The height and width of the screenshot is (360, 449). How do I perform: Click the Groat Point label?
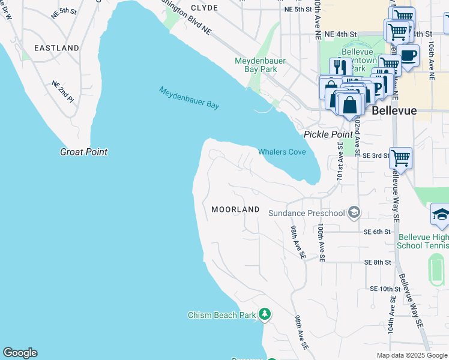tap(83, 152)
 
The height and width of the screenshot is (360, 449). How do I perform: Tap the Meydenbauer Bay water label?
tap(189, 98)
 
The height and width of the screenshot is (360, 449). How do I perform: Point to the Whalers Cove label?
tap(282, 152)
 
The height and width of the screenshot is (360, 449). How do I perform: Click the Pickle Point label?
tap(328, 134)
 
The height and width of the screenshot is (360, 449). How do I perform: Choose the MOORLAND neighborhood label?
tap(235, 209)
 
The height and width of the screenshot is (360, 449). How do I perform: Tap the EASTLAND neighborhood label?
tap(56, 47)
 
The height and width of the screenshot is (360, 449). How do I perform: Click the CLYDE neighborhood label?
tap(204, 8)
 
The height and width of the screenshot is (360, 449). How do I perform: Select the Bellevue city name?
tap(394, 111)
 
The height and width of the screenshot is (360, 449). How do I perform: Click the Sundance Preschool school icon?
tap(354, 212)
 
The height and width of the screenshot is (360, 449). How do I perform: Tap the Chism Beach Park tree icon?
tap(265, 314)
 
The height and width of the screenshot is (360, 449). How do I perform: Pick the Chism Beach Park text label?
tap(221, 315)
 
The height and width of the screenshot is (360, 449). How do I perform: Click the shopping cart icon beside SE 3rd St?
tap(400, 158)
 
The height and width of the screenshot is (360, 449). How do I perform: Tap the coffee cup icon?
tap(408, 56)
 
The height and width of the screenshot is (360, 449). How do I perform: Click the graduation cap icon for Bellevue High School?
tap(441, 215)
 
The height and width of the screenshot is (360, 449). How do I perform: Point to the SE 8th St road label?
tap(377, 262)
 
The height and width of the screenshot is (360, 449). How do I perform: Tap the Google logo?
tap(20, 353)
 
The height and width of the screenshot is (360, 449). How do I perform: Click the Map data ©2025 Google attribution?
tap(411, 355)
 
